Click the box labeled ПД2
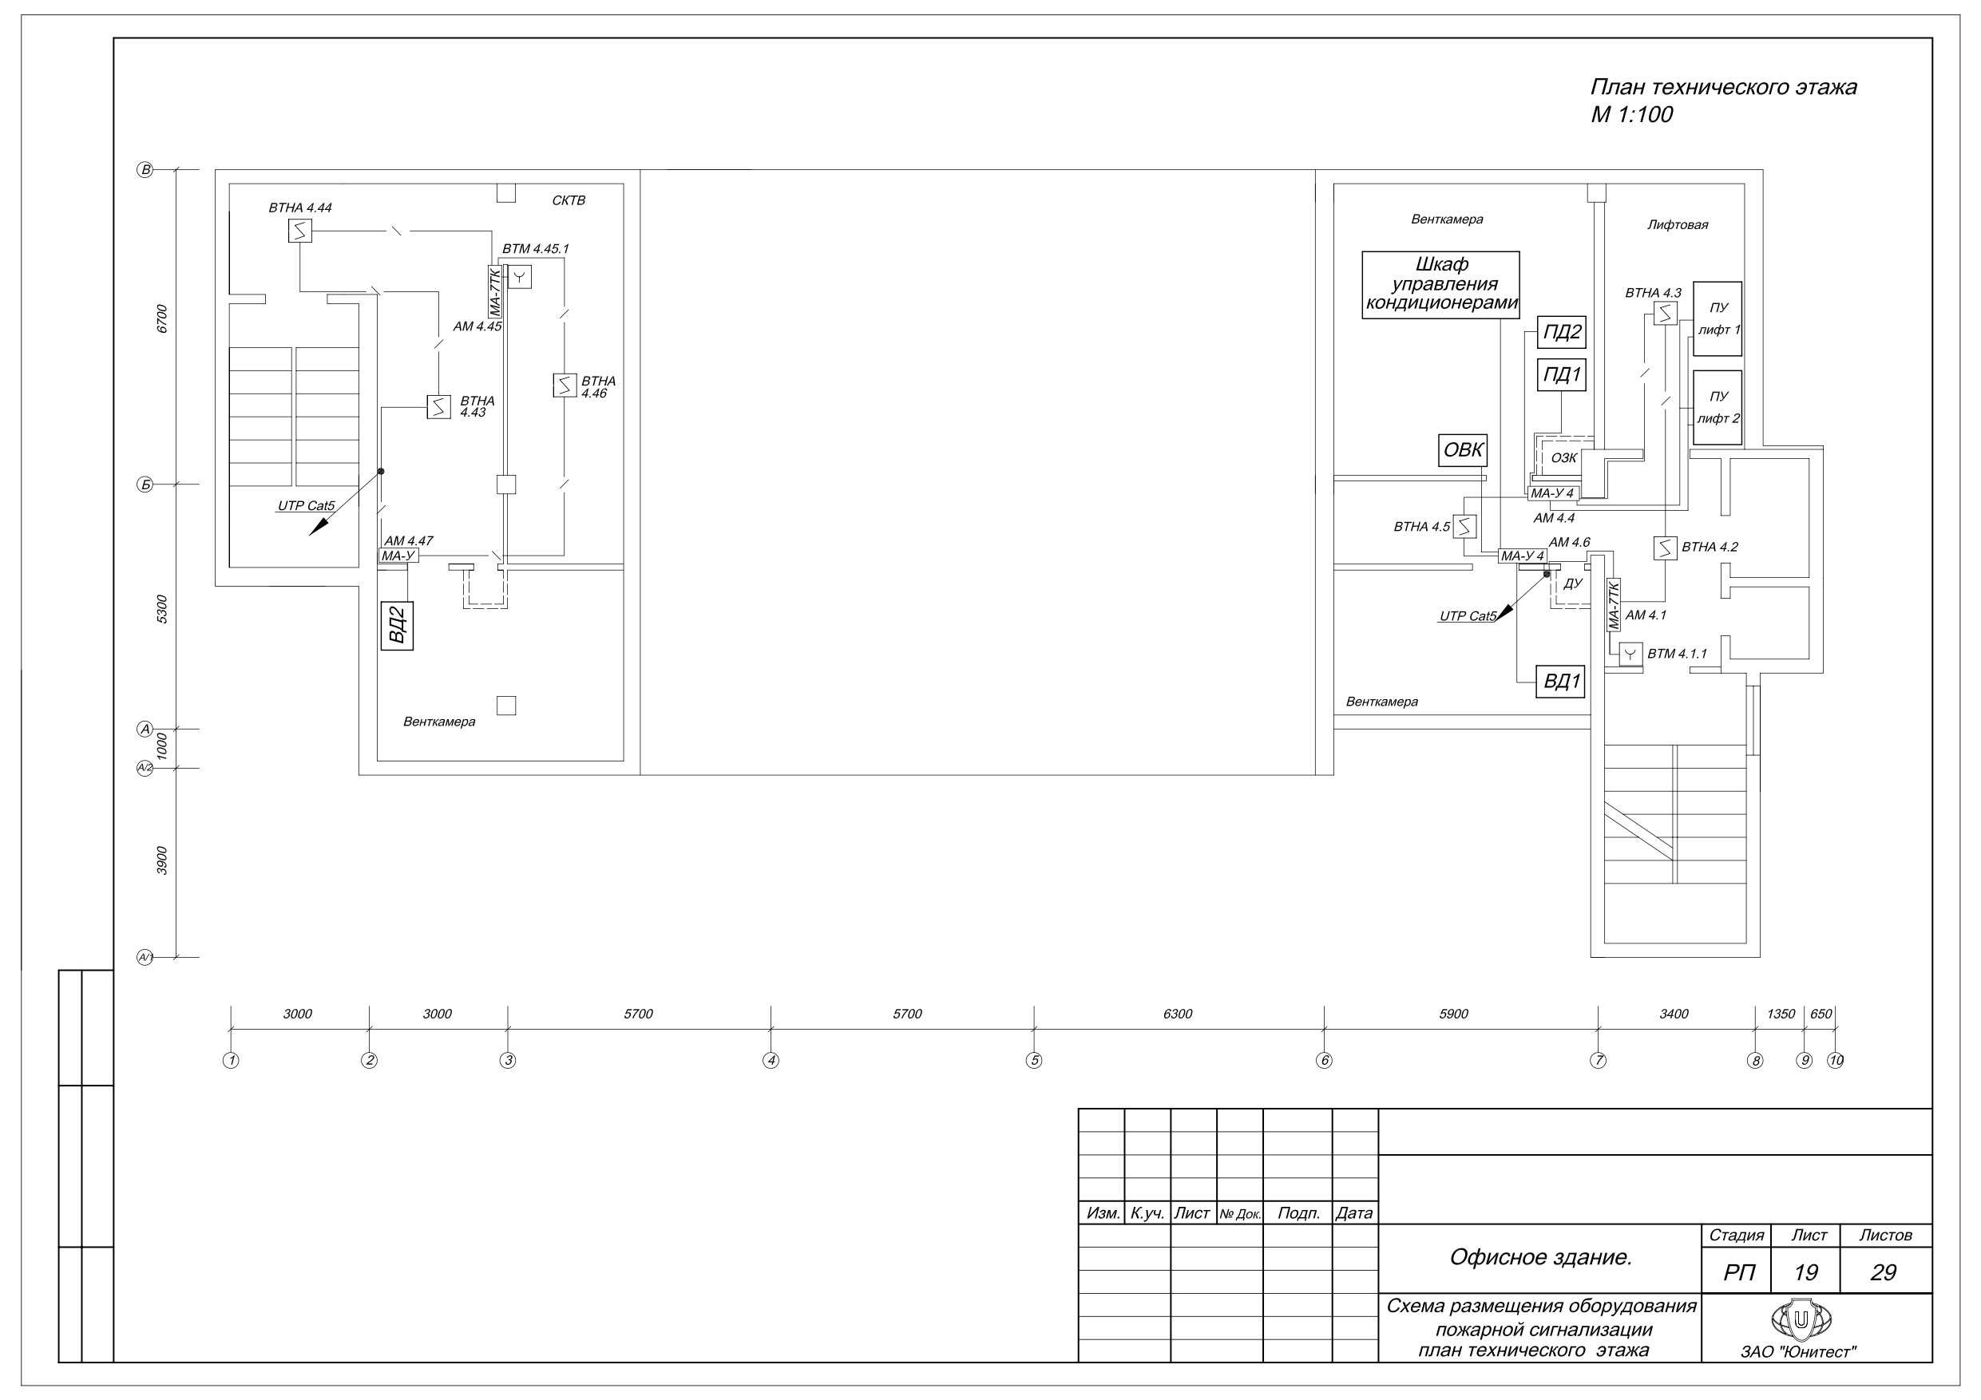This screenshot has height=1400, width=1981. (1562, 332)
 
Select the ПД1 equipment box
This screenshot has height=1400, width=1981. (1562, 375)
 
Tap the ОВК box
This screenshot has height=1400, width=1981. (1463, 450)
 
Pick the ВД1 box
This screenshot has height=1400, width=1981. (1562, 682)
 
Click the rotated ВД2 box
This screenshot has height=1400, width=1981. (397, 626)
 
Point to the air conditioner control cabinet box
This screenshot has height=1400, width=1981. (1440, 285)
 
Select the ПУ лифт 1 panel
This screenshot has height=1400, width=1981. (1717, 318)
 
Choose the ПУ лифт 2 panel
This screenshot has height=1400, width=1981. (1717, 407)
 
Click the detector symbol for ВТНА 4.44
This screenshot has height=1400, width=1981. (299, 231)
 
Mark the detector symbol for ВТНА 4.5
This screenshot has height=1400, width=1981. (1464, 526)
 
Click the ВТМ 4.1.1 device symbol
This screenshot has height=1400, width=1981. (1630, 655)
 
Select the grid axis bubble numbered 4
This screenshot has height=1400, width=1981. (771, 1060)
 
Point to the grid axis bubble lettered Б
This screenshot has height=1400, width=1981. (145, 484)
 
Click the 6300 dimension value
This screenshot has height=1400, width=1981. (1178, 1014)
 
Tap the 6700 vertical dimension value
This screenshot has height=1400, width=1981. (162, 319)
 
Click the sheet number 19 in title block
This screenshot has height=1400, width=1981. (1805, 1273)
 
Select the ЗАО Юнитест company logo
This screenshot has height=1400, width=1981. (1801, 1319)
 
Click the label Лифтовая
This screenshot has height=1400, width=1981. (1678, 225)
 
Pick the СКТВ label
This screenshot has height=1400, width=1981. (569, 201)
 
